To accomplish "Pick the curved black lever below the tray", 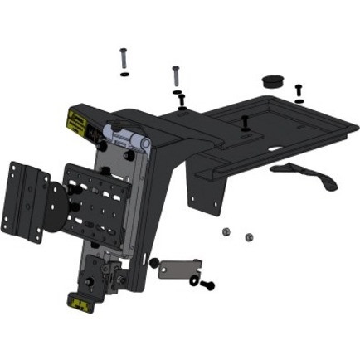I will [x=304, y=174].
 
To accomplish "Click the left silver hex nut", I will [x=226, y=231].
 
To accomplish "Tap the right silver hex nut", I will [x=248, y=238].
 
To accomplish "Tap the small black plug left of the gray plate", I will [x=153, y=264].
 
